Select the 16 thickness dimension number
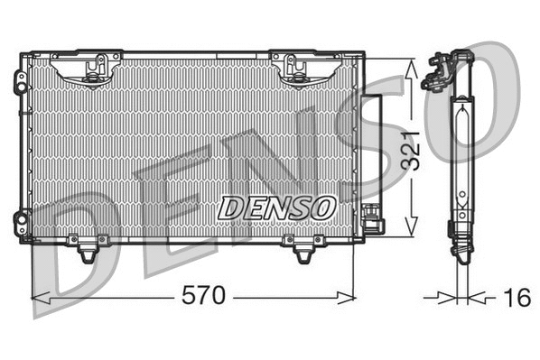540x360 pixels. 517,297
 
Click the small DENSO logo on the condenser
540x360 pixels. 276,207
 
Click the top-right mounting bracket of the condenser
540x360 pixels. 298,69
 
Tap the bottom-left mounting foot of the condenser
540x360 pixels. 87,250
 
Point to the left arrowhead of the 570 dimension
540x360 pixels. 38,297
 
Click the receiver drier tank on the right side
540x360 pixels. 373,149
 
